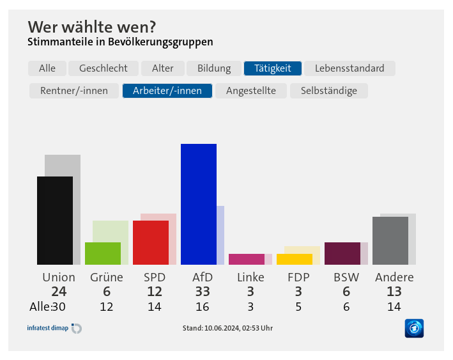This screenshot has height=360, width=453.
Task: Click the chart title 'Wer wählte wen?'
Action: pos(92,27)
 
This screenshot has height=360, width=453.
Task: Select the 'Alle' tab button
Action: pos(47,68)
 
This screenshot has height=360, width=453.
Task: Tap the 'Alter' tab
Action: pos(163,68)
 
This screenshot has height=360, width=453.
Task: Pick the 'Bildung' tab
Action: pos(214,68)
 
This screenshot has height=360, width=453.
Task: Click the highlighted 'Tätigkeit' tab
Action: pos(273,68)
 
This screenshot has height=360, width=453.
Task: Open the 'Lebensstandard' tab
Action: pos(349,68)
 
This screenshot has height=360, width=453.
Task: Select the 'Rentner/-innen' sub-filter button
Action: pos(74,91)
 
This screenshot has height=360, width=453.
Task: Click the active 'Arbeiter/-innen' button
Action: pos(167,91)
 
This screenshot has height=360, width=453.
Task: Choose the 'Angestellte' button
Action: pos(251,91)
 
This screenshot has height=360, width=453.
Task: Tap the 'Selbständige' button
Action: pos(329,91)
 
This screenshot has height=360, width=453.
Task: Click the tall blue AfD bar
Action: pos(199,204)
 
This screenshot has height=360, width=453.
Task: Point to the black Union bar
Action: pos(55,221)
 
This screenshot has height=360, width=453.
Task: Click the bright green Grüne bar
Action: pos(103,253)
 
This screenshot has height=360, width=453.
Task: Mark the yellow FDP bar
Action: pos(295,259)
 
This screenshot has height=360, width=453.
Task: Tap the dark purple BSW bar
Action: pos(342,253)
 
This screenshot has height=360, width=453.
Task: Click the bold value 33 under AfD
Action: pos(203,292)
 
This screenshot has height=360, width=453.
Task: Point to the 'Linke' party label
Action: pos(250,278)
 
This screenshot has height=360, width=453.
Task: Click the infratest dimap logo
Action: pos(54,328)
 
